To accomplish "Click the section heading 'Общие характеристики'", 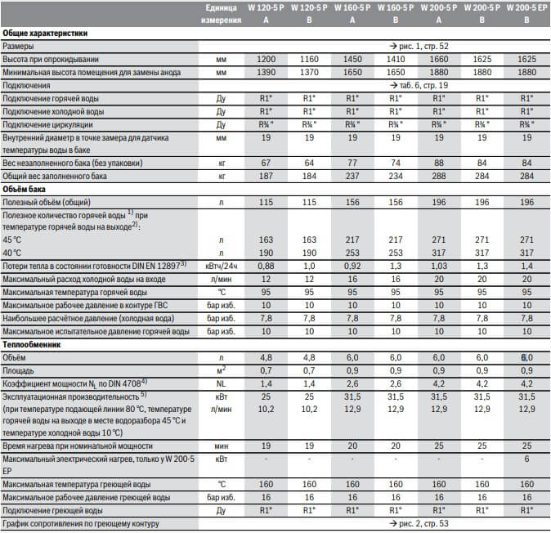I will [46, 34].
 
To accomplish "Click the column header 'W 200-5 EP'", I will [525, 8].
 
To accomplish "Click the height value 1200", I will [267, 60].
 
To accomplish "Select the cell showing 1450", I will [352, 60].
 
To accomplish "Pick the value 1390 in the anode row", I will [267, 73].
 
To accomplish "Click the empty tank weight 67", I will [267, 163].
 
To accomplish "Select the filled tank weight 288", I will [439, 176].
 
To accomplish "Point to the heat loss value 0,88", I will [267, 266].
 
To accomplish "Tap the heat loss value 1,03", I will [439, 266].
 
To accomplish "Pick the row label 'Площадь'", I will [20, 370].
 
